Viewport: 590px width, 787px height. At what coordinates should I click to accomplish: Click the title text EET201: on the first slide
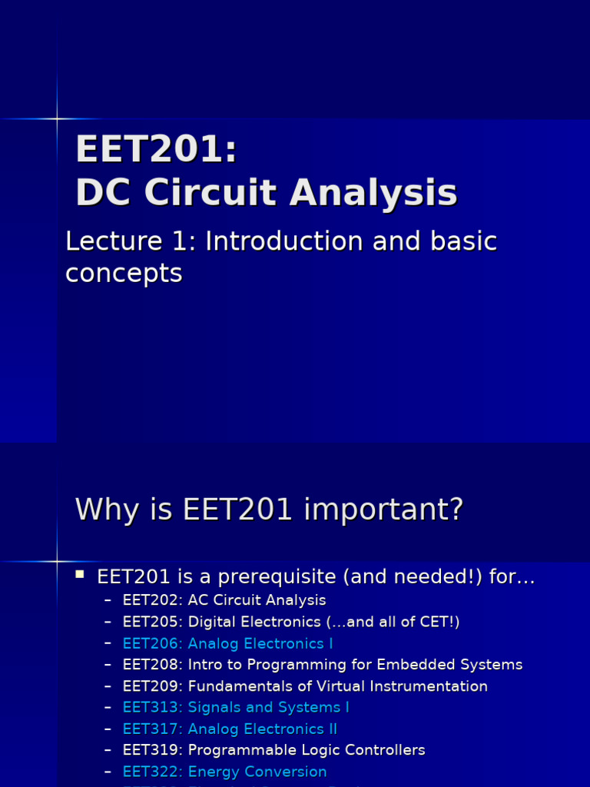coord(156,150)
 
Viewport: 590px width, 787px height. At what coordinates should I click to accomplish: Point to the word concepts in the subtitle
coord(124,273)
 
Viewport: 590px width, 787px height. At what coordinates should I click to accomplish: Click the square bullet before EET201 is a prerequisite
coord(79,574)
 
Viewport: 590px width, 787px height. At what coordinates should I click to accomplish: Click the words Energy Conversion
coord(257,772)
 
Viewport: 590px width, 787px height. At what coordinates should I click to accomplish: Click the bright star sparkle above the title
coord(57,118)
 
